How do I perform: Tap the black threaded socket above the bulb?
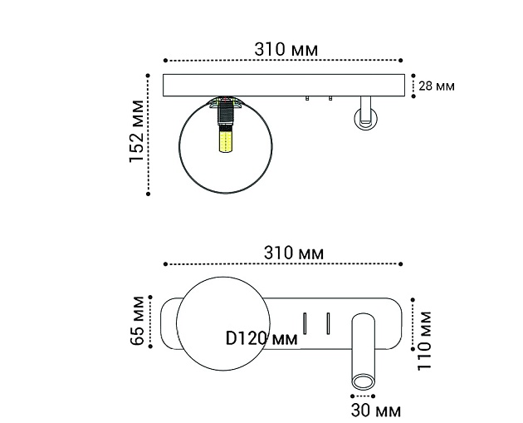point(224,115)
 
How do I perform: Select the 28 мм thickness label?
point(437,86)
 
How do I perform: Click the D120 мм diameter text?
point(261,338)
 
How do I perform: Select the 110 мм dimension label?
point(426,340)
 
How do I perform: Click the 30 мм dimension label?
point(375,411)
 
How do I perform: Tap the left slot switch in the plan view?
point(305,321)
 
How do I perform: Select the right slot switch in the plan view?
point(329,321)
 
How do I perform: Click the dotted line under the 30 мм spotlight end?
point(363,396)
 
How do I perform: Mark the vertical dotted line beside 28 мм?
point(413,86)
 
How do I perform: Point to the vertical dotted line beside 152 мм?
point(148,133)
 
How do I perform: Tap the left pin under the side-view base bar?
point(307,100)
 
